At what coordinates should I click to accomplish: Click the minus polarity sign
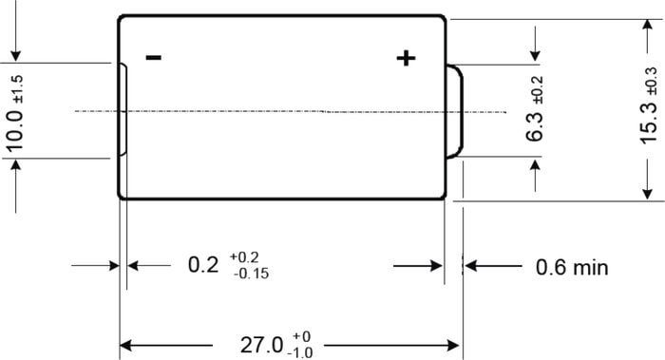coord(153,57)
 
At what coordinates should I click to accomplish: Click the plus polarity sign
coord(406,58)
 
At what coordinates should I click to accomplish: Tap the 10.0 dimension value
coord(15,130)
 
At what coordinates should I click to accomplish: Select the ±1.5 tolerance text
coord(18,89)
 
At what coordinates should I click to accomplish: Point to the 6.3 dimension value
coord(534,126)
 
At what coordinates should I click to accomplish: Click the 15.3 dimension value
coord(649,123)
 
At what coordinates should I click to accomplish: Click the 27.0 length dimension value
coord(261,345)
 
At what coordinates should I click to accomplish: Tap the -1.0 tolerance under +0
coord(300,352)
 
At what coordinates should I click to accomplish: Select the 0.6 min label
coord(572,267)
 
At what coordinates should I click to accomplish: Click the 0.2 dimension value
coord(203,265)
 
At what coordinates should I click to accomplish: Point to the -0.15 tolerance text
coord(251,274)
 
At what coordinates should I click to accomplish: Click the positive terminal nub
coord(455,111)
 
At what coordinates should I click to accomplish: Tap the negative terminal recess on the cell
coord(123,110)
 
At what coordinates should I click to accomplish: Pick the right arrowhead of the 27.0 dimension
coord(453,346)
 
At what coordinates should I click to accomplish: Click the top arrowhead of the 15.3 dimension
coord(647,26)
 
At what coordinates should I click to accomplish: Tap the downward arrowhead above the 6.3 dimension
coord(535,55)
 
